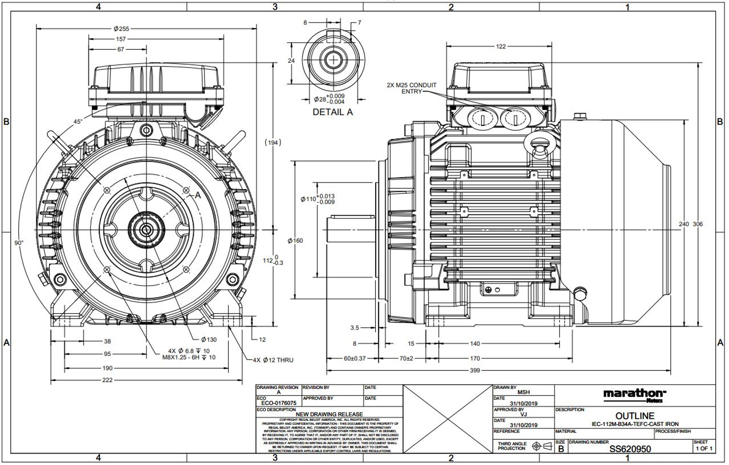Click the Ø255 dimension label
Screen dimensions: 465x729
(121, 29)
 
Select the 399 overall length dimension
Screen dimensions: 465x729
(474, 370)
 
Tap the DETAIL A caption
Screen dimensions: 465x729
(332, 112)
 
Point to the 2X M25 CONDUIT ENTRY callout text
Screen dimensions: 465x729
(411, 88)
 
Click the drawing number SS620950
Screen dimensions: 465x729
(630, 449)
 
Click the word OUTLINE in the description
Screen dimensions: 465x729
(634, 416)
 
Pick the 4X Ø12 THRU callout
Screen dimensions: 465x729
(273, 360)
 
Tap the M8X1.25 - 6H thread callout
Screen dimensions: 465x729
(189, 357)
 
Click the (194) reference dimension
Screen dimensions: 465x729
(273, 142)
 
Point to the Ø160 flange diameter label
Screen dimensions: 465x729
(295, 241)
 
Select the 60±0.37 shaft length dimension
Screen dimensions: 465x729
(355, 359)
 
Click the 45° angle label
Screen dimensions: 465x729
(78, 121)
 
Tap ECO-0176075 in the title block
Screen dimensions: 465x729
(279, 403)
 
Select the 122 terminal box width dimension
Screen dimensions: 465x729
(500, 46)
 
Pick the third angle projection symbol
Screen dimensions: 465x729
(542, 446)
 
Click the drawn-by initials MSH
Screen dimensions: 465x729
(523, 392)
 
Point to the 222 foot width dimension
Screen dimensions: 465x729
(107, 380)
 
